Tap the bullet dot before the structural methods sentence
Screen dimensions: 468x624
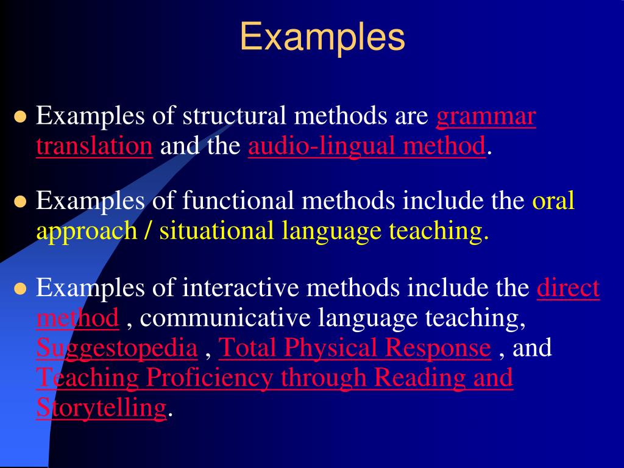pyautogui.click(x=21, y=117)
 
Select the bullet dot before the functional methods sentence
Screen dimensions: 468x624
pyautogui.click(x=21, y=202)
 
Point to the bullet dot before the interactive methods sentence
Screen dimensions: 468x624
pyautogui.click(x=21, y=288)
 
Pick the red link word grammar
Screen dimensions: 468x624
pyautogui.click(x=486, y=117)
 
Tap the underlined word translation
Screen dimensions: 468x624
pyautogui.click(x=94, y=146)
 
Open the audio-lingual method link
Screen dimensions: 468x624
pyautogui.click(x=367, y=146)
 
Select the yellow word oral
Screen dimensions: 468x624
pyautogui.click(x=553, y=200)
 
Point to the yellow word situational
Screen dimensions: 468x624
pyautogui.click(x=216, y=231)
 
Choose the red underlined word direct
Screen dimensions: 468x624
pyautogui.click(x=568, y=287)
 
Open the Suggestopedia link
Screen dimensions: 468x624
pyautogui.click(x=117, y=348)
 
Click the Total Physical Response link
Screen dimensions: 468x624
pyautogui.click(x=354, y=348)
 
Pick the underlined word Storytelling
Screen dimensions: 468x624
pyautogui.click(x=101, y=407)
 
